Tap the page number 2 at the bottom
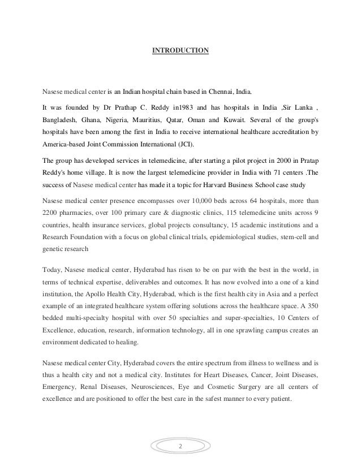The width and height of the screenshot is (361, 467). click(x=180, y=447)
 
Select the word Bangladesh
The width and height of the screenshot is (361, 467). click(x=62, y=120)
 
